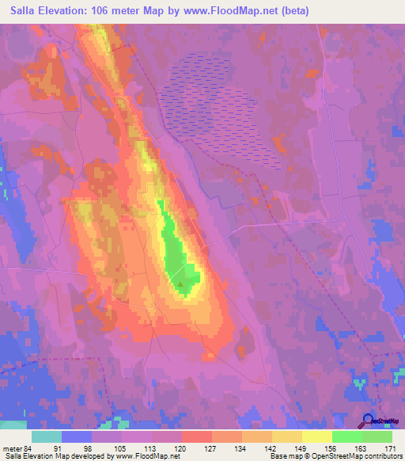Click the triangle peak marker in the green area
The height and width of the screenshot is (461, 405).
(181, 281)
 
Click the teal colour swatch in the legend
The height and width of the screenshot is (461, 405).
(47, 436)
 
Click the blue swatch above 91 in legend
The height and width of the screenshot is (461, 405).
(77, 436)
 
